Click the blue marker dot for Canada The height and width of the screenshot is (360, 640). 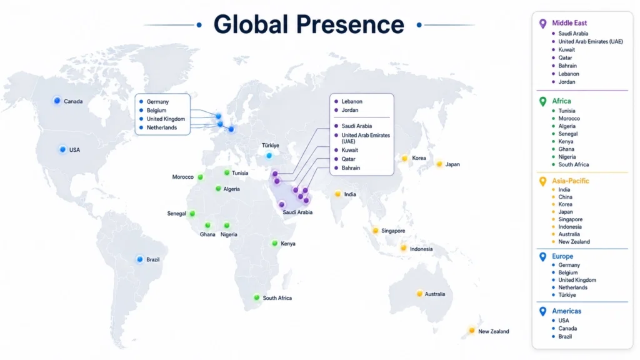pyautogui.click(x=57, y=101)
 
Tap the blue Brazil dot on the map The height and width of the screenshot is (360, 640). pyautogui.click(x=139, y=259)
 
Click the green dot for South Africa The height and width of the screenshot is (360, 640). pyautogui.click(x=256, y=297)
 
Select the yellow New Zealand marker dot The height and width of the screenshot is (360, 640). pyautogui.click(x=472, y=330)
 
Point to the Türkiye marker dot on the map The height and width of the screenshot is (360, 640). pyautogui.click(x=269, y=156)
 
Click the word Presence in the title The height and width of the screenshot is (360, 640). pyautogui.click(x=350, y=24)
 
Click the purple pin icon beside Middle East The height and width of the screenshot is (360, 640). pyautogui.click(x=542, y=24)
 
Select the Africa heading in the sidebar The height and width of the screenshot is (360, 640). pyautogui.click(x=561, y=101)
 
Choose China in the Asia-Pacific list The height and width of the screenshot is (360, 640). pyautogui.click(x=565, y=197)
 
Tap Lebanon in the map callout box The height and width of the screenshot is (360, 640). pyautogui.click(x=352, y=101)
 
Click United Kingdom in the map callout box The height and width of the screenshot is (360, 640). pyautogui.click(x=166, y=119)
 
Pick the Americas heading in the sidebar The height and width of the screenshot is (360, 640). pyautogui.click(x=566, y=311)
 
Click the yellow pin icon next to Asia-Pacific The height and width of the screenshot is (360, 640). pyautogui.click(x=542, y=181)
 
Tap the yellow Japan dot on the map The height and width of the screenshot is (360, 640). pyautogui.click(x=439, y=164)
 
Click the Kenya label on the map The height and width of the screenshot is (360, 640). pyautogui.click(x=288, y=244)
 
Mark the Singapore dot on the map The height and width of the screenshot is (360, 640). pyautogui.click(x=376, y=231)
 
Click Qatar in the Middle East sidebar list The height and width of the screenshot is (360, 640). pyautogui.click(x=565, y=57)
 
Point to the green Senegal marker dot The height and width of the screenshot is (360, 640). pyautogui.click(x=192, y=213)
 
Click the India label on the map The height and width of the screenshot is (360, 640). pyautogui.click(x=350, y=194)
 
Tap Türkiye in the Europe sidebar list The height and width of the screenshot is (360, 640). pyautogui.click(x=567, y=295)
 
